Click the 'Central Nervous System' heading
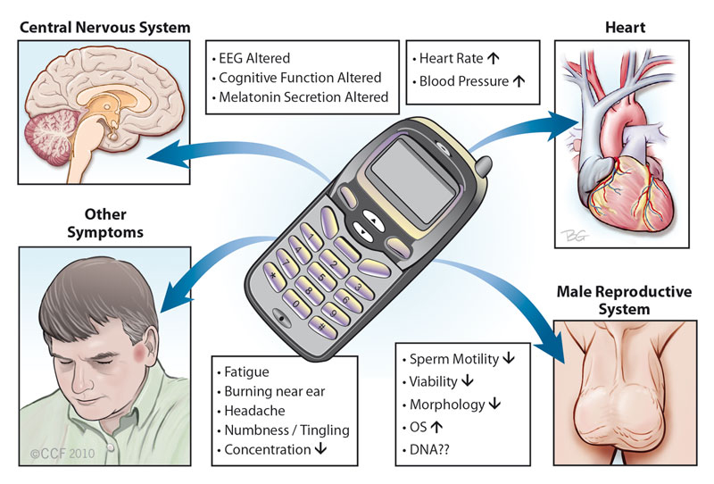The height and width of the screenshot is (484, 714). (104, 28)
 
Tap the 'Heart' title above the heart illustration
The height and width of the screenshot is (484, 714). (625, 28)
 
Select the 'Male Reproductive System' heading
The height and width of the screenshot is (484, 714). (624, 300)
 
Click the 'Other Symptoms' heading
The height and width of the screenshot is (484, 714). (105, 223)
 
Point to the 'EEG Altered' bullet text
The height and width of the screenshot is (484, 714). (254, 58)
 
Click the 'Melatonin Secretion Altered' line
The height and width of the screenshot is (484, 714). (303, 97)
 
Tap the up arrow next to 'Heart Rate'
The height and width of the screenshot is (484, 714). (494, 58)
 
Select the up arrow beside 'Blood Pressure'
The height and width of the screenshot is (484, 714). (519, 81)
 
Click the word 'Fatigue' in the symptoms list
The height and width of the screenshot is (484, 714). (246, 371)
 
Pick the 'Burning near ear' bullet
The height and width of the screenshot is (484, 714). (275, 391)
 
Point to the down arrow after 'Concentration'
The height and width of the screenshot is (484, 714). (320, 449)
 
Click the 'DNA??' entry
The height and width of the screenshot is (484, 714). (429, 450)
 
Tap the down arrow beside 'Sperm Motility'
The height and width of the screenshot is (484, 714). (509, 359)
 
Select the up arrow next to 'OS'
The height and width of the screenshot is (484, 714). (436, 427)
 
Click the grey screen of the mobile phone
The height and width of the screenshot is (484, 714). (413, 181)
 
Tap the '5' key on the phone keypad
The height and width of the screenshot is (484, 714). (321, 277)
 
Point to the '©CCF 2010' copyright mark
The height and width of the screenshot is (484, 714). (62, 454)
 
